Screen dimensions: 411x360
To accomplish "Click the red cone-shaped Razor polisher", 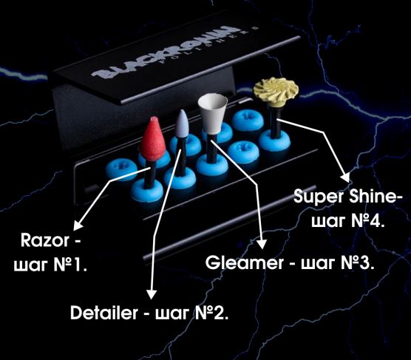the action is tap(152, 140).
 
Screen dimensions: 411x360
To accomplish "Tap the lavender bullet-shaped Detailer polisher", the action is tap(181, 123).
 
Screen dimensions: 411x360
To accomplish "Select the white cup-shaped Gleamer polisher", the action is tap(212, 114).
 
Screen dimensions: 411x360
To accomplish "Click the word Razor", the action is tap(45, 240).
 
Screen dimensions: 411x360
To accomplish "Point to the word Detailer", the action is tap(104, 313).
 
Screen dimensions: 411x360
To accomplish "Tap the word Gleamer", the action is tap(244, 262).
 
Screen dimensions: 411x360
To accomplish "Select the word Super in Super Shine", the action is tap(319, 197).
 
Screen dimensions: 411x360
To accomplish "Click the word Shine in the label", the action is tap(371, 196).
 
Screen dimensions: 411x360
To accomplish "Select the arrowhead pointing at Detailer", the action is tap(152, 294).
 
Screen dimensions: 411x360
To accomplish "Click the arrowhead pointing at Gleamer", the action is tap(261, 244).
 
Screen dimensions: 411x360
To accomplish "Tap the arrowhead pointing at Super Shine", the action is tap(346, 177).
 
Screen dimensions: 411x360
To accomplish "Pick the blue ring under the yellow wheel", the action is tap(275, 142).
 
